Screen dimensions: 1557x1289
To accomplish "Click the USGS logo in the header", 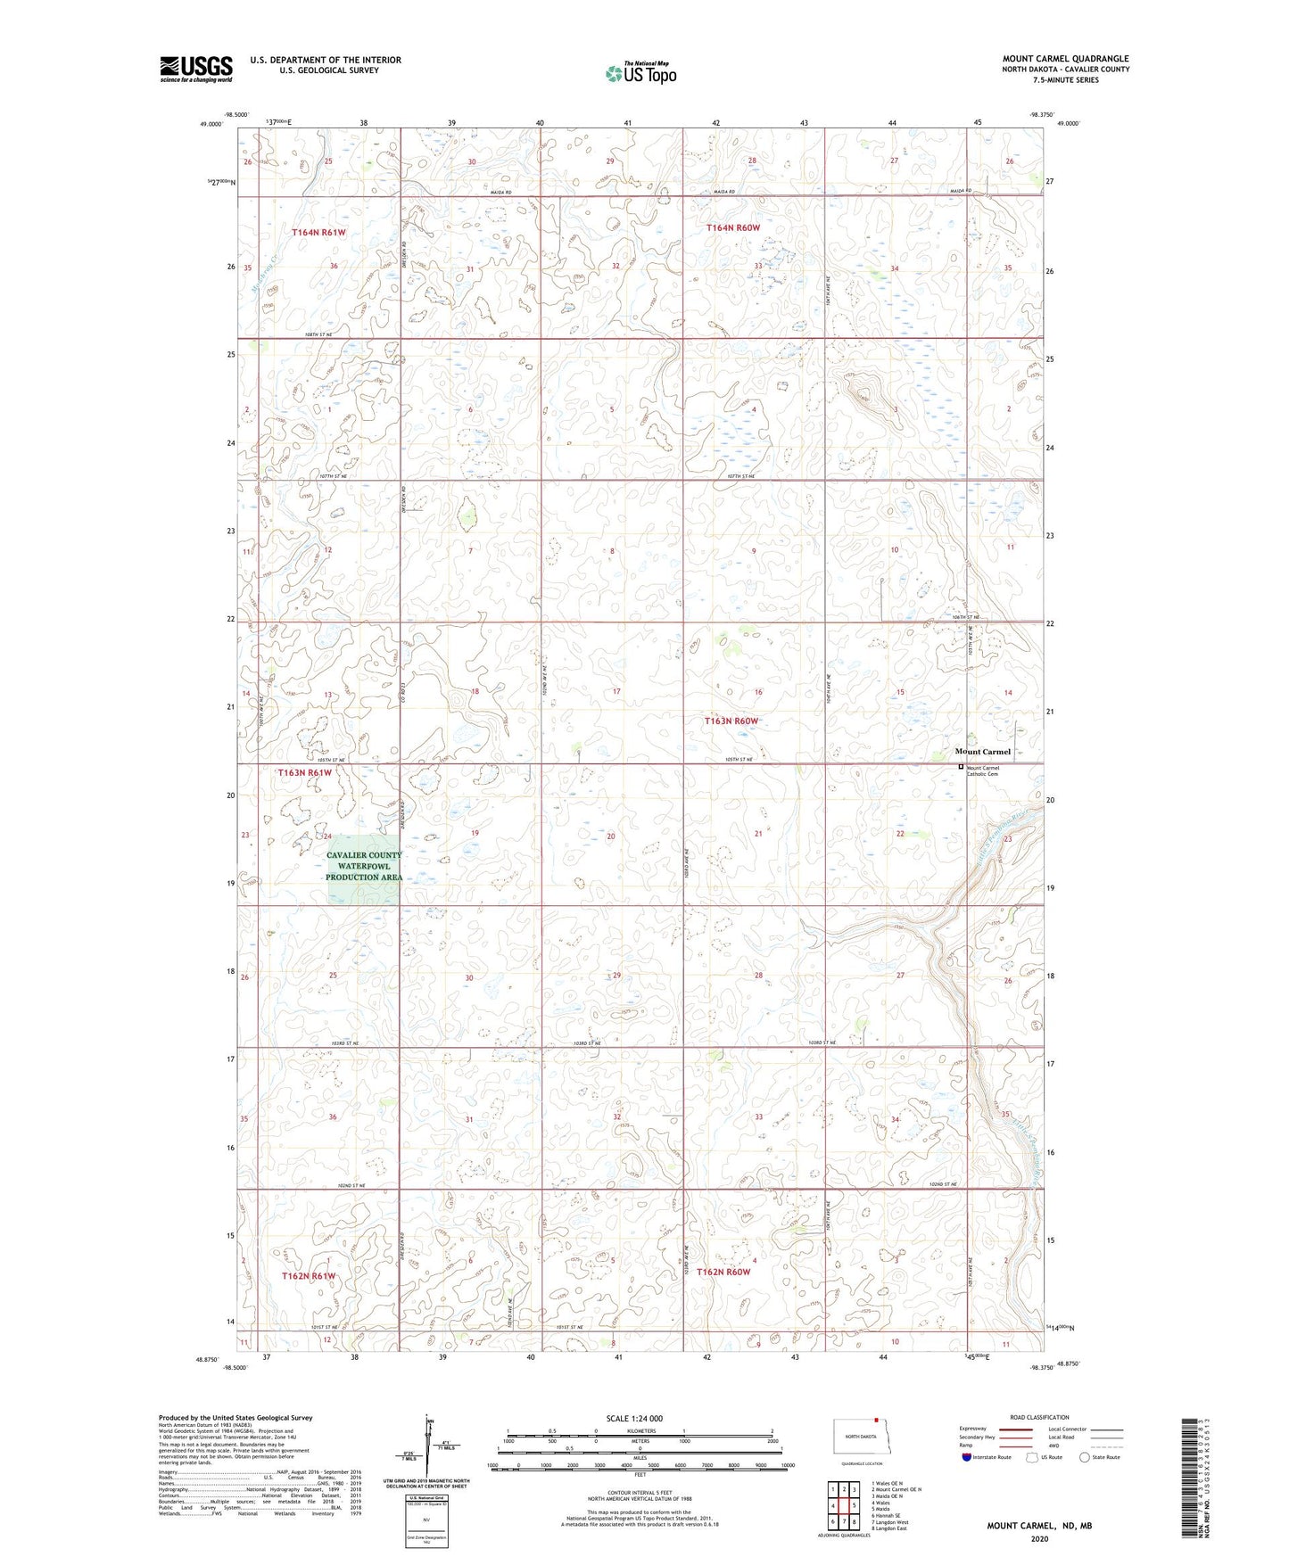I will [x=195, y=69].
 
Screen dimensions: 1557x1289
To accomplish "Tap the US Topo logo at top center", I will [x=640, y=72].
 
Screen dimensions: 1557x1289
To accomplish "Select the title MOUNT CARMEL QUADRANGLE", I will [x=1065, y=59].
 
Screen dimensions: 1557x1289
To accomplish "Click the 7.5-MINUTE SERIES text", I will [x=1065, y=80].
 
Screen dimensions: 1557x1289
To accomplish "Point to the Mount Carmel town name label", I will [x=982, y=752].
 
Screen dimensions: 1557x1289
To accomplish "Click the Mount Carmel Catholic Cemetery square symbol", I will [x=961, y=767].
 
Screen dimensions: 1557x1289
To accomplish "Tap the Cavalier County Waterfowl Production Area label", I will [x=364, y=866].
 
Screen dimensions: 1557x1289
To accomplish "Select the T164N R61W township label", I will [x=318, y=233].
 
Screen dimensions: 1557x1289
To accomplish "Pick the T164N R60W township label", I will [x=733, y=228].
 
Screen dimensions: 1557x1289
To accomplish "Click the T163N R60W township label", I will [x=731, y=721].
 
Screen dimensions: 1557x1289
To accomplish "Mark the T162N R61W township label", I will [x=309, y=1276].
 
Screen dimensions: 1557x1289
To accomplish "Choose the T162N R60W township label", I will [x=723, y=1272].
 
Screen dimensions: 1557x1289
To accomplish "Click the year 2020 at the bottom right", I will [x=1039, y=1538].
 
